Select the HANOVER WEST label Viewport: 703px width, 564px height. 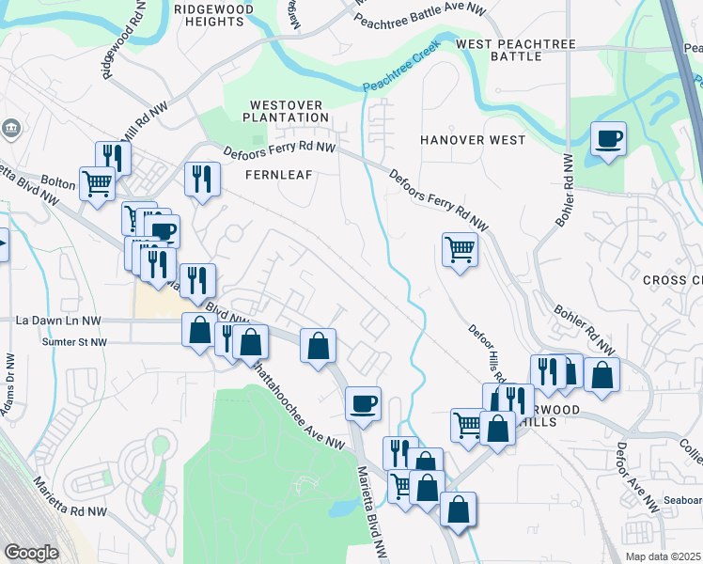tap(473, 140)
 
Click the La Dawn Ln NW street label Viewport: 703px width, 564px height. tap(57, 321)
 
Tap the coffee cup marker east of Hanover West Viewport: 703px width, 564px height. tap(608, 140)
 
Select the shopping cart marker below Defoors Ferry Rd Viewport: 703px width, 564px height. tap(460, 250)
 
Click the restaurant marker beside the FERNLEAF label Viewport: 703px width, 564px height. tap(202, 179)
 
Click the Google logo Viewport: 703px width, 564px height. tap(31, 553)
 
